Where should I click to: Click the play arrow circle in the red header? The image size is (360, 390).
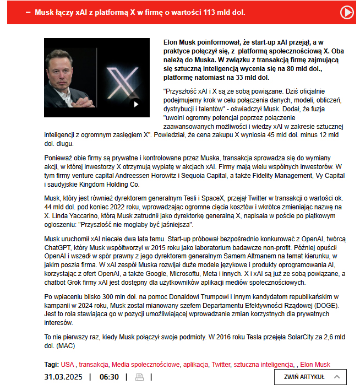coord(347,12)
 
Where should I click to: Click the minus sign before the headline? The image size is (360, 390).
coord(28,12)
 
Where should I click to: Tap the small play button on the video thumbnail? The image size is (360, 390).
coord(136,104)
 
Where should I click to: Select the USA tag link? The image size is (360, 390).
coord(67,365)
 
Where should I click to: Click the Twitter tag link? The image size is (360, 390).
coord(221,365)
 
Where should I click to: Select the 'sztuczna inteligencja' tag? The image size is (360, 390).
coord(263,365)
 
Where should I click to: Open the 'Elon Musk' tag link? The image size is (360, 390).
coord(315,365)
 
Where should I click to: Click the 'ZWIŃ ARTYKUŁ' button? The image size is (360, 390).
coord(310,377)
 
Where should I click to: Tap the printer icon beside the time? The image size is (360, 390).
coord(139,377)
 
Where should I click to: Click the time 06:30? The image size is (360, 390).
coord(109,377)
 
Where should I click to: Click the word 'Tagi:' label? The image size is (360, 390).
coord(52,365)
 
